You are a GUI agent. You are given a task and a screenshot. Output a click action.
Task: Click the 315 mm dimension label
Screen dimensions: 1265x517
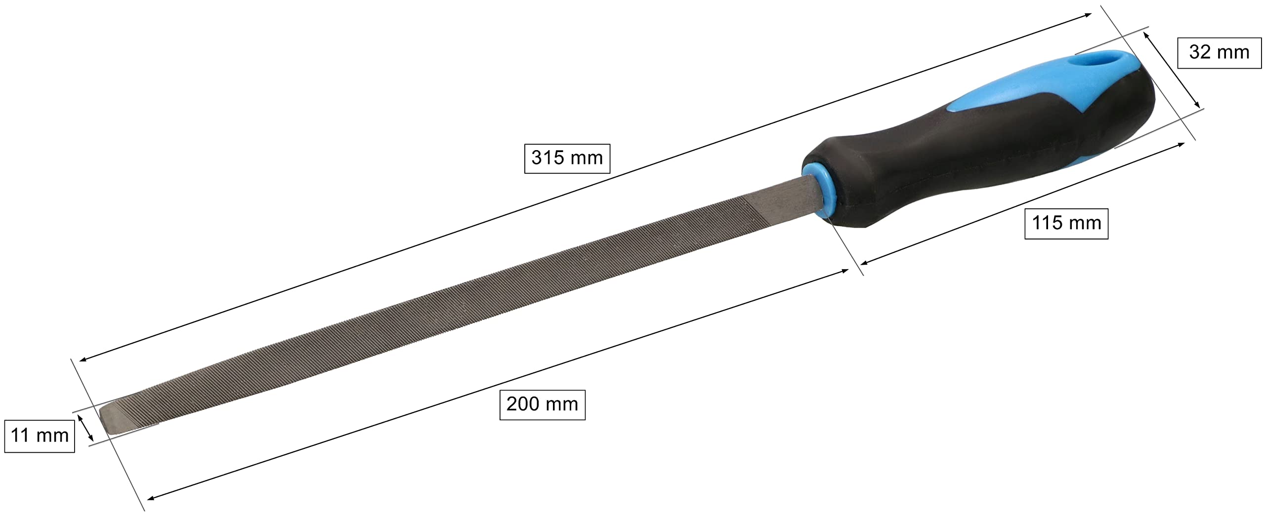tap(567, 158)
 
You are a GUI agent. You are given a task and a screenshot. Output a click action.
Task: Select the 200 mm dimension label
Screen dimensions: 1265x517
tap(542, 404)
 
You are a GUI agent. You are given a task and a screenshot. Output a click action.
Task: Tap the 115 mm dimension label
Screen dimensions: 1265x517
tap(1066, 223)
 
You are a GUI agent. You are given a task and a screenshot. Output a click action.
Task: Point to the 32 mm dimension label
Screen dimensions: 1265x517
tap(1219, 52)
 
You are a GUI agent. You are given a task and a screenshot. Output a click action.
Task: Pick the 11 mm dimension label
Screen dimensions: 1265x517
tap(40, 436)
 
